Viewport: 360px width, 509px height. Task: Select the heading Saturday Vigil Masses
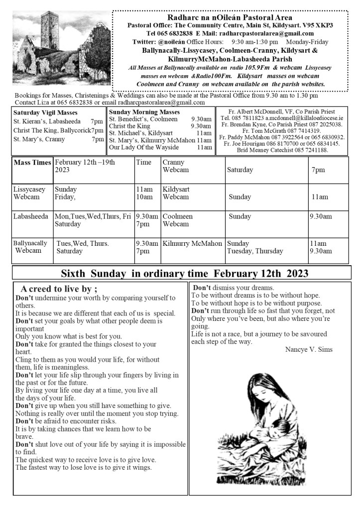coord(45,112)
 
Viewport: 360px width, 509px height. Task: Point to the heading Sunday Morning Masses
coord(144,112)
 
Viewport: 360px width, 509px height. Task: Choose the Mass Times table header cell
coord(32,163)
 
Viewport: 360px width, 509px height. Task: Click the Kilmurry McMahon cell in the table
coord(192,244)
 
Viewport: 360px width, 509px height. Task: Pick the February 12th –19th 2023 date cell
coord(85,166)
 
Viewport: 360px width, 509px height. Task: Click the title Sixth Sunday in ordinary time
coord(184,273)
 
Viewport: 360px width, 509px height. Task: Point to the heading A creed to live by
coord(59,289)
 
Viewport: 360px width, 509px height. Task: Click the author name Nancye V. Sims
coord(309,349)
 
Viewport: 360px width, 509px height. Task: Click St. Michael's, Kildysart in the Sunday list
coord(140,133)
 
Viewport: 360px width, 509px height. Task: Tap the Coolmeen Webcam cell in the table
coord(178,220)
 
